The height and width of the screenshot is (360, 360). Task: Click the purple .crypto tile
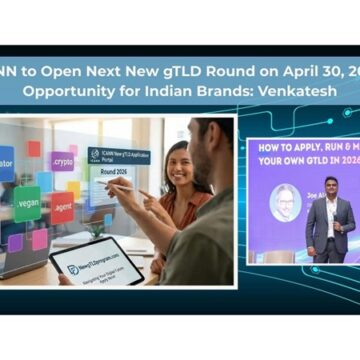pyautogui.click(x=62, y=160)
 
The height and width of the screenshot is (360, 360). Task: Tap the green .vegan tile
pyautogui.click(x=27, y=204)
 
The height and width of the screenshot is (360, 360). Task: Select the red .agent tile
pyautogui.click(x=62, y=209)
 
